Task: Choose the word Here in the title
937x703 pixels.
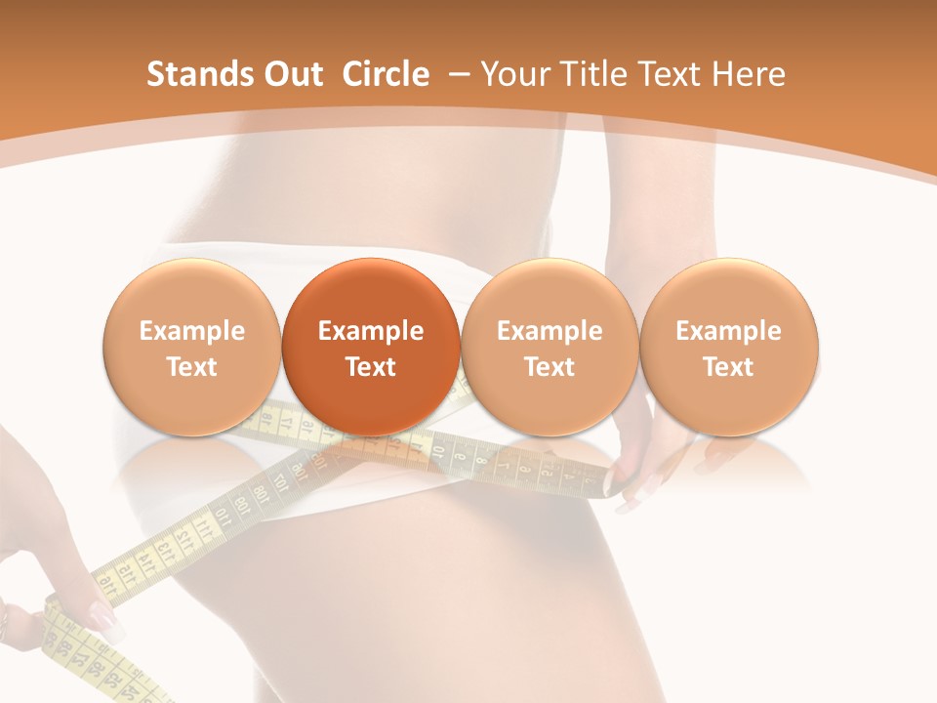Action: (x=746, y=74)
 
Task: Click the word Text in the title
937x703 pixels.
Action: (x=673, y=74)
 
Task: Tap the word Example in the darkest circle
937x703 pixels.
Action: (x=371, y=331)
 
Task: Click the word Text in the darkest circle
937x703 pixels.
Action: (x=371, y=367)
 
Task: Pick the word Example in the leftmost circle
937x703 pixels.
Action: (x=192, y=331)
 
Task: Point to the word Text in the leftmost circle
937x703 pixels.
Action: (x=192, y=367)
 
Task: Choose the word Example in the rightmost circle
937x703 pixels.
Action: (x=728, y=331)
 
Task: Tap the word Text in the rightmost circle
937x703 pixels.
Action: (x=728, y=367)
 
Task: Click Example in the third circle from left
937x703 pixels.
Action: (x=550, y=331)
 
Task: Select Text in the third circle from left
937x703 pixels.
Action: (x=550, y=367)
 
